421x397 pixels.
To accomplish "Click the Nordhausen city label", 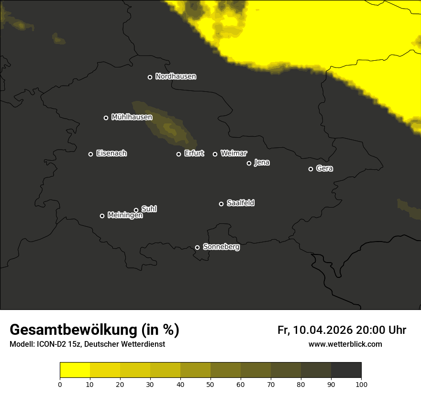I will click(x=176, y=77).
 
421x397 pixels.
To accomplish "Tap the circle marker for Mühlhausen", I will click(x=106, y=118).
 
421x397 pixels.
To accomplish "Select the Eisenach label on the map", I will click(x=111, y=154).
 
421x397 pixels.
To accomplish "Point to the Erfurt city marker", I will click(x=178, y=154).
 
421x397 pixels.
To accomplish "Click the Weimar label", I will click(x=233, y=154).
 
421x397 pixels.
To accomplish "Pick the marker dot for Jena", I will click(x=249, y=163).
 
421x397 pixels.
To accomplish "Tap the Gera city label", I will click(x=324, y=168).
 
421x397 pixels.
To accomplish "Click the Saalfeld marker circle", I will click(x=221, y=204).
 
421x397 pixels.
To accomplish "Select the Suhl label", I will click(x=149, y=209).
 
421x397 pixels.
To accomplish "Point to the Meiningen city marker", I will click(x=102, y=216).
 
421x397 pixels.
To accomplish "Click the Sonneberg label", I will click(x=221, y=247).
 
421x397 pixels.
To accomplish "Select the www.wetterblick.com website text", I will click(x=345, y=344).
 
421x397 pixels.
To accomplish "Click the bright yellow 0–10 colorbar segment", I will click(x=75, y=370).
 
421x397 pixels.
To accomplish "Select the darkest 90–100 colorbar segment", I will click(x=346, y=370).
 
